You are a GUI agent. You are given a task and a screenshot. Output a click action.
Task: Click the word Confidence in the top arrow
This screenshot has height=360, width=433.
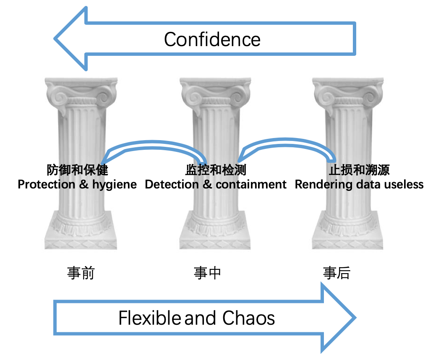click(x=212, y=40)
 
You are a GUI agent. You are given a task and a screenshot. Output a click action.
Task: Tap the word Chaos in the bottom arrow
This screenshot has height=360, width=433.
click(x=248, y=318)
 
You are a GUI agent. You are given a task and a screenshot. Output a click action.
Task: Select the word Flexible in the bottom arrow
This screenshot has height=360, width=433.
click(x=149, y=318)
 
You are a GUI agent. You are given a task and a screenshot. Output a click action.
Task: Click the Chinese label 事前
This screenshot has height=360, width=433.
click(x=81, y=273)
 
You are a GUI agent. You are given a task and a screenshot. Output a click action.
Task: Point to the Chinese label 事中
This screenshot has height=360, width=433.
click(x=207, y=273)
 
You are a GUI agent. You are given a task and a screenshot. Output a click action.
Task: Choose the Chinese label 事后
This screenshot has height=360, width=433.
click(x=336, y=273)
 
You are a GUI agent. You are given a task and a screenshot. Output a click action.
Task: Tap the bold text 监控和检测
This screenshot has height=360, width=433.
click(x=215, y=170)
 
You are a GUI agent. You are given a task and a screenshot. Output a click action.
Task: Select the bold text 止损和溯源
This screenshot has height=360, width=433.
click(x=359, y=170)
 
